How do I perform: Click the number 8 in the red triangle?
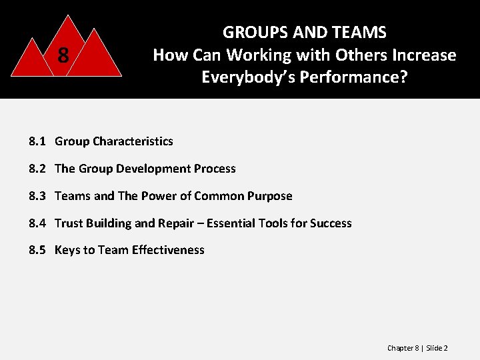point(63,55)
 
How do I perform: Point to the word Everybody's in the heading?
point(249,77)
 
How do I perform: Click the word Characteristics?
point(133,141)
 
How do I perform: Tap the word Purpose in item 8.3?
point(270,196)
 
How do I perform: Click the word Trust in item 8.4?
point(68,223)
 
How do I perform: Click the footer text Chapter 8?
point(403,348)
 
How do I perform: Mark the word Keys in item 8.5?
point(67,251)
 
